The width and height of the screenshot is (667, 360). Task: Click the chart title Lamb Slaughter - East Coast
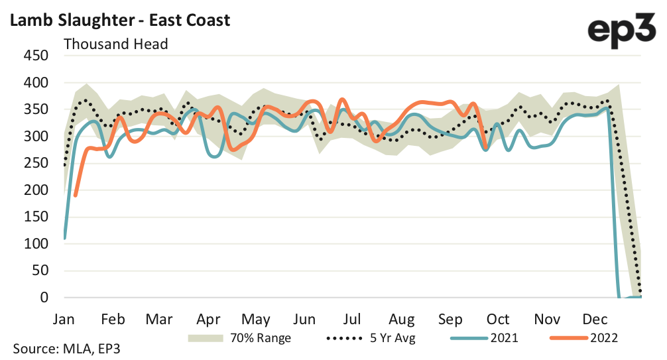pos(119,20)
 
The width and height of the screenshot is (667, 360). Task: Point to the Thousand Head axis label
pos(115,44)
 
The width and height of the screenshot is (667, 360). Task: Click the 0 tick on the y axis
pos(44,298)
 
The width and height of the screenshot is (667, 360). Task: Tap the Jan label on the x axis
pos(64,318)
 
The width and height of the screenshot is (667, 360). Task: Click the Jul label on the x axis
pos(352,318)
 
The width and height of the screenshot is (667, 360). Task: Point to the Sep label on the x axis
pos(451,318)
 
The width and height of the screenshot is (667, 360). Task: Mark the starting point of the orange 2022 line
pos(76,196)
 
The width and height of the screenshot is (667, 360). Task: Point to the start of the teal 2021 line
pos(64,238)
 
